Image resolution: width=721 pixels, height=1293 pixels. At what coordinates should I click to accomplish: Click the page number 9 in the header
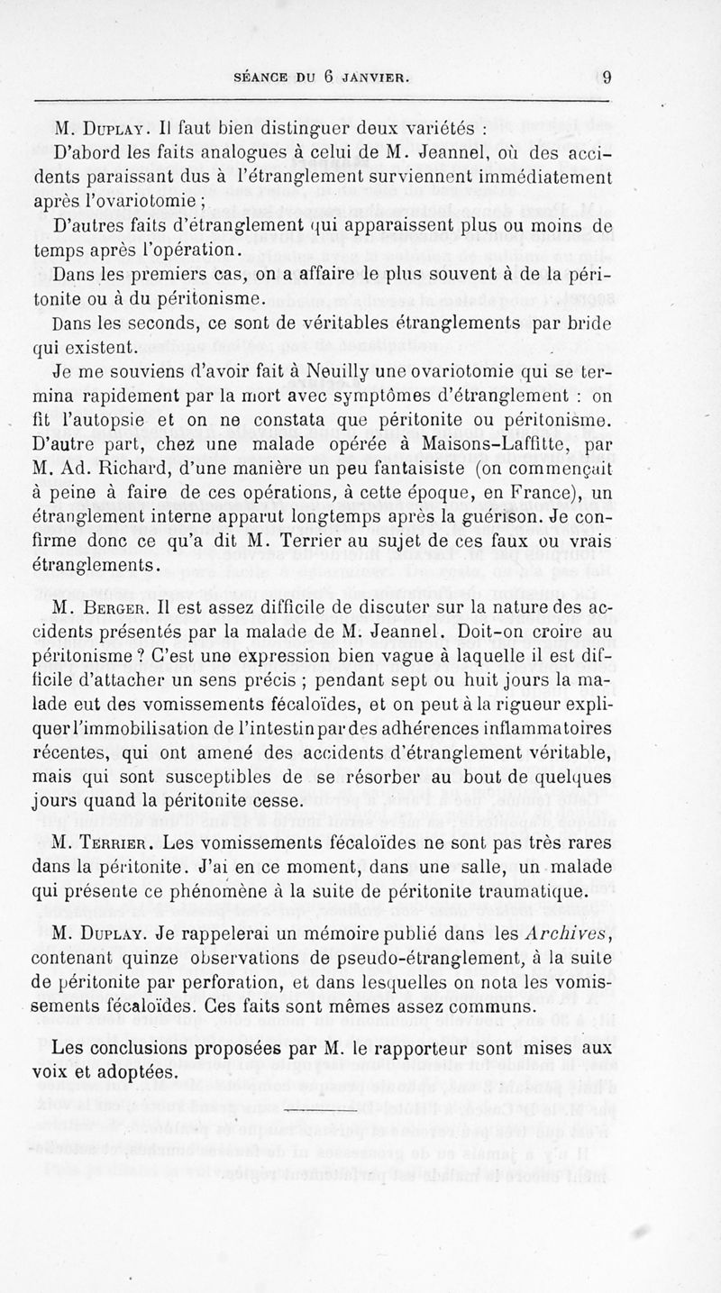click(607, 77)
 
